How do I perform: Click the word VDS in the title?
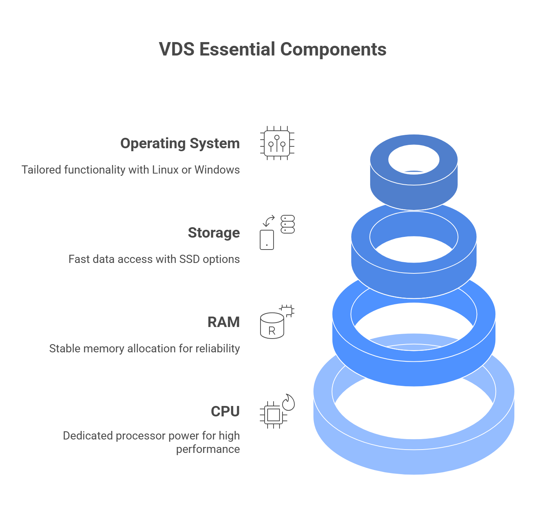(x=177, y=50)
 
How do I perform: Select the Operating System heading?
(x=180, y=143)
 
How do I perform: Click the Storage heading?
(x=214, y=233)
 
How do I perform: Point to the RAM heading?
(x=223, y=322)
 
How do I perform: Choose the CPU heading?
(x=225, y=412)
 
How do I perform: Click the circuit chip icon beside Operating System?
(x=277, y=143)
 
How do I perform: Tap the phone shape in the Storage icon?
(x=267, y=240)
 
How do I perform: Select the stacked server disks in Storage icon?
(x=287, y=224)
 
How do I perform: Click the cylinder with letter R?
(x=272, y=326)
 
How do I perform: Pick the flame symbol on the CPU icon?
(x=288, y=402)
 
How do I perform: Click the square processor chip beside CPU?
(x=273, y=415)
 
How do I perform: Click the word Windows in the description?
(x=217, y=170)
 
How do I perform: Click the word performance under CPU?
(x=208, y=449)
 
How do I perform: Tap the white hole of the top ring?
(x=414, y=159)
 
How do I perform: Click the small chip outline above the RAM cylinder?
(x=287, y=310)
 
